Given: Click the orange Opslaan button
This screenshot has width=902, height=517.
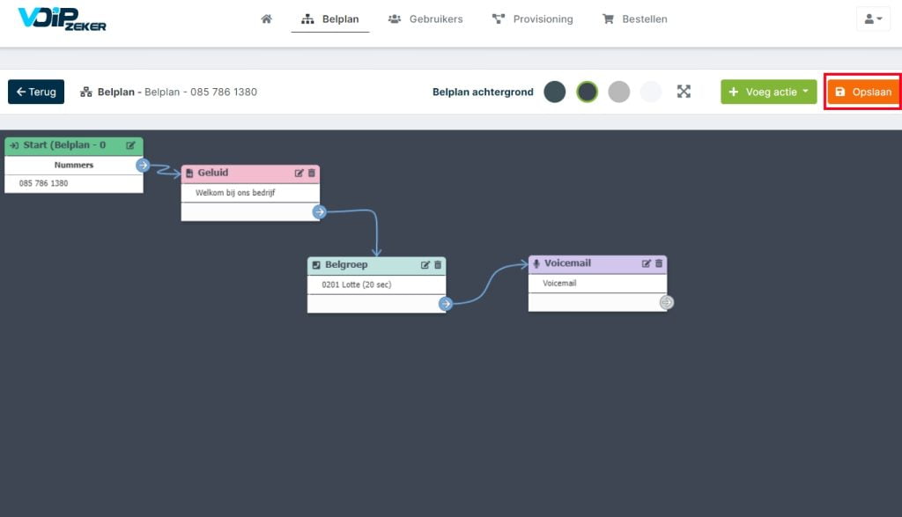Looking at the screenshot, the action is [x=863, y=92].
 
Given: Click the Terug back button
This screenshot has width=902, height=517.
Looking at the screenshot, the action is [x=36, y=92].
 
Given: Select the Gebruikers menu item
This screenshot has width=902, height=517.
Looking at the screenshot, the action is [x=425, y=19].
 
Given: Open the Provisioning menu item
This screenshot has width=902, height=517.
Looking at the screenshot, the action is [x=533, y=19].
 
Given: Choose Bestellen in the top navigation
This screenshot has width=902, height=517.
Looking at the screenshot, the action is [x=634, y=19].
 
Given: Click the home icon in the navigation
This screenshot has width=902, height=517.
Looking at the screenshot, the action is [x=266, y=19].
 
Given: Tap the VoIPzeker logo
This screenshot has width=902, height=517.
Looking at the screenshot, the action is [x=63, y=19].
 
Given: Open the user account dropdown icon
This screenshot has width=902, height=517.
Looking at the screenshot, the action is [x=873, y=19].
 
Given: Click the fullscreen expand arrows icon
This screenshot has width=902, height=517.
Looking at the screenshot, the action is [x=684, y=92].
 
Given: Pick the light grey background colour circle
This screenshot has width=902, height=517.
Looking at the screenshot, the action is [x=619, y=92].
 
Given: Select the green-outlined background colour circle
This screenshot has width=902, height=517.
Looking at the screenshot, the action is [x=587, y=92].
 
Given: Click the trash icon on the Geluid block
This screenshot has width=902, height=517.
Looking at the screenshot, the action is [x=312, y=174].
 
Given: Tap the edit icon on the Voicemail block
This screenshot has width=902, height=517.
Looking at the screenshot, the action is [x=646, y=263].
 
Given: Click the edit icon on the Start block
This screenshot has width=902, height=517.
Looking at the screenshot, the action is [x=130, y=145].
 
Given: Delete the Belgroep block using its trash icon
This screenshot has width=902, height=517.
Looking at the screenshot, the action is [x=438, y=265].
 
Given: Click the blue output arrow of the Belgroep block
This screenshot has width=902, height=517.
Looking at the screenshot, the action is [x=446, y=304].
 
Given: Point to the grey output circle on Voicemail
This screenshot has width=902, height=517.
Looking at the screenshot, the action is [x=666, y=302].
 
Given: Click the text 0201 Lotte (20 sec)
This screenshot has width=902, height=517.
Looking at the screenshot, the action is [x=357, y=284].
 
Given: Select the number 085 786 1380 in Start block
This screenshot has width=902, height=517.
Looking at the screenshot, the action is [x=44, y=183].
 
